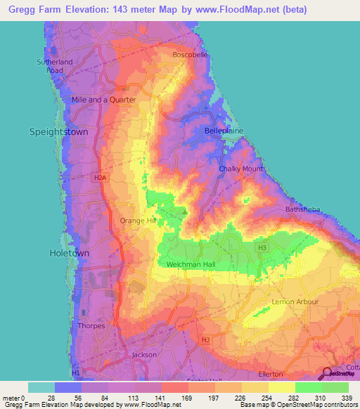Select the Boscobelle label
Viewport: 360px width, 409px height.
coord(190,55)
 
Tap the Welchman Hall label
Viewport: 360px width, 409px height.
coord(191,264)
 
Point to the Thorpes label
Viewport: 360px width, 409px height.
coord(91,326)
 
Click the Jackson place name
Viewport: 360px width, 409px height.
coord(144,355)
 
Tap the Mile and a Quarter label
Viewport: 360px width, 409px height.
coord(103,100)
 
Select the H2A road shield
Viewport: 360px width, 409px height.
coord(101,178)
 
